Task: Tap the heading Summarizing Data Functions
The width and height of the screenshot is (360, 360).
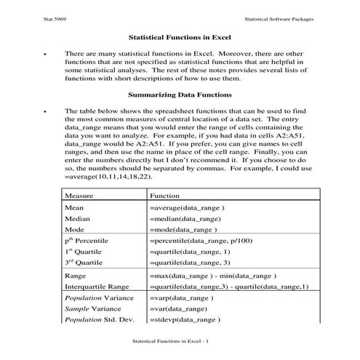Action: click(x=180, y=95)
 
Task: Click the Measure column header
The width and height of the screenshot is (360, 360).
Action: click(x=79, y=196)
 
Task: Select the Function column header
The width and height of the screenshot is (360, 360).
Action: click(x=164, y=196)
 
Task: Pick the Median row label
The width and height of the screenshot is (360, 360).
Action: click(x=78, y=218)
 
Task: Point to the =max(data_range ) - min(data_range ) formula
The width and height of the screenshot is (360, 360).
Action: click(x=212, y=276)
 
